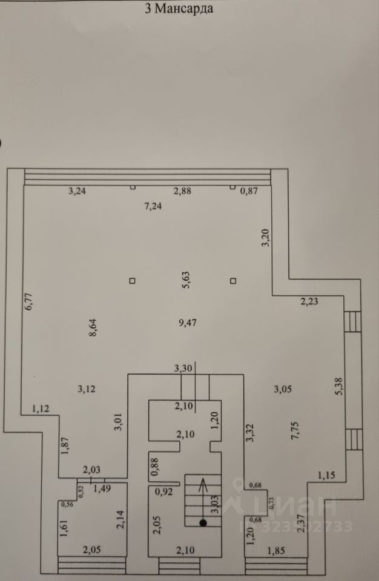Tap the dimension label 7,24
153,206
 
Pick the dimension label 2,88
182,191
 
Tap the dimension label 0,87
249,191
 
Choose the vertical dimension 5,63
187,281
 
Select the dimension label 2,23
310,301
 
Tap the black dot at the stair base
203,522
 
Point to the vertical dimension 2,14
119,518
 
